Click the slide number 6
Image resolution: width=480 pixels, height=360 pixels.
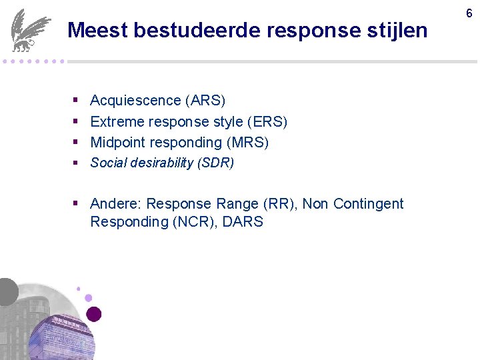[469, 13]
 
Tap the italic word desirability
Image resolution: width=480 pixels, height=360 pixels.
[155, 163]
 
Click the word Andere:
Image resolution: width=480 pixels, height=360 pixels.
[116, 204]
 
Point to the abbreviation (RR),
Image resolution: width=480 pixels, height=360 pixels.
[281, 204]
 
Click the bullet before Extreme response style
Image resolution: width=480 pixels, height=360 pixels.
[76, 122]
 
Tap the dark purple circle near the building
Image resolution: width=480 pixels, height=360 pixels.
[94, 314]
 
